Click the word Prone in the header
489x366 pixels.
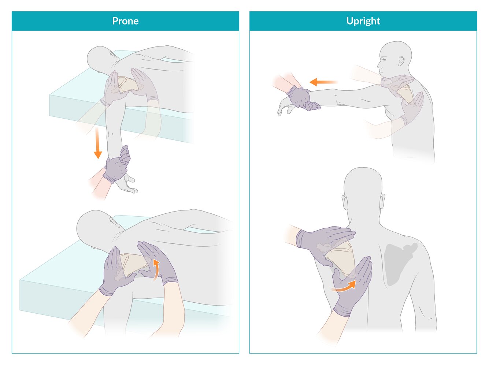(125, 21)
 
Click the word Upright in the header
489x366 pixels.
(363, 21)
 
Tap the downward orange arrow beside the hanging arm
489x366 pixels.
(97, 143)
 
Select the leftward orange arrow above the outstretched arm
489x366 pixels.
(323, 82)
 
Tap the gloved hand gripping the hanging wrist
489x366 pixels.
(117, 165)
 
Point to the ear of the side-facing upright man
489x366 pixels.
(401, 61)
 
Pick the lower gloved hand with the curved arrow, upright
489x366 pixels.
(352, 287)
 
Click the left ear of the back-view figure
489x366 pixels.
(344, 202)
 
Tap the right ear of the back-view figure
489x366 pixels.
(382, 201)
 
